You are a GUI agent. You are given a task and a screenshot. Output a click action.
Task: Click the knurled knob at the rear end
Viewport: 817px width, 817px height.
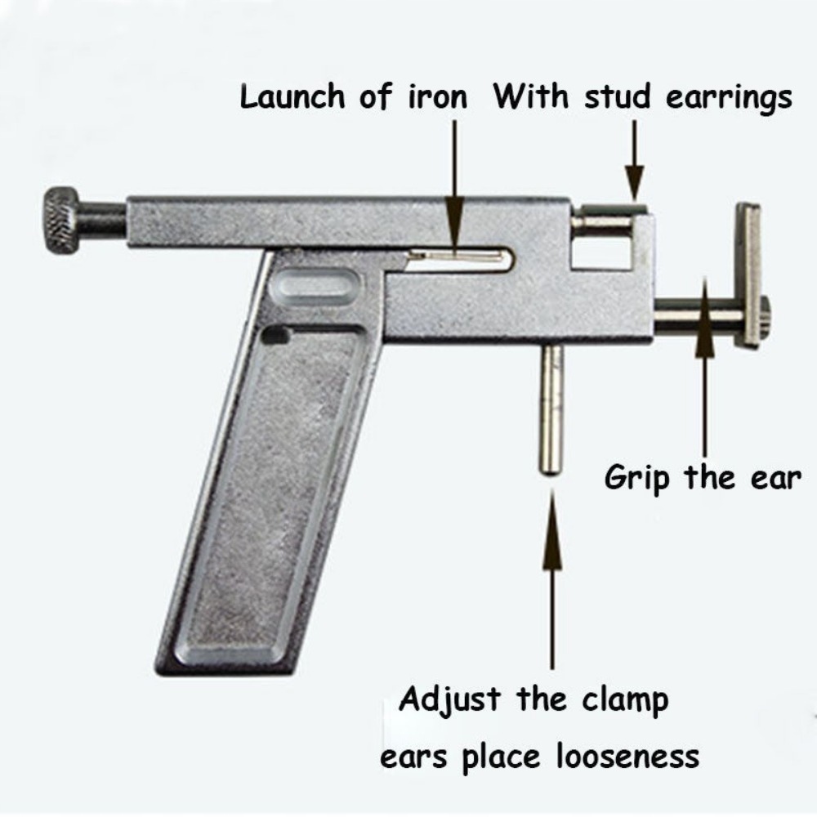click(x=62, y=220)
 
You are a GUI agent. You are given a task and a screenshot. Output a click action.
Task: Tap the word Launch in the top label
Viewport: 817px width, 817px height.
click(x=294, y=98)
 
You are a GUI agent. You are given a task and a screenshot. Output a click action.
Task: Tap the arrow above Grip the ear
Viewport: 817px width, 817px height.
click(x=705, y=368)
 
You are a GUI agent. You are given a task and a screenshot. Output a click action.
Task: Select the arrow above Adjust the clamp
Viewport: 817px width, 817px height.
click(x=552, y=572)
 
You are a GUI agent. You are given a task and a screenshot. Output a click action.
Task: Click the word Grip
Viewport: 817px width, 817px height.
click(x=639, y=478)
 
